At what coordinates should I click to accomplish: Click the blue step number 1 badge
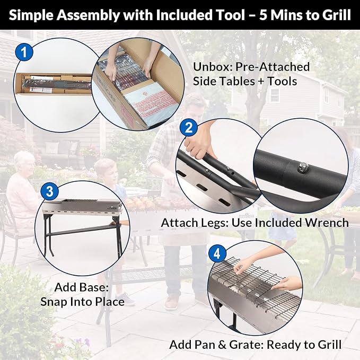click(24, 52)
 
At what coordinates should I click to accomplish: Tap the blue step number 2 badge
click(189, 127)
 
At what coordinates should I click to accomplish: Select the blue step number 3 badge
click(49, 191)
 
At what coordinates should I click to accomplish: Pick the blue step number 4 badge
click(217, 254)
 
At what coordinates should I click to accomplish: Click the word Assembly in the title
click(88, 16)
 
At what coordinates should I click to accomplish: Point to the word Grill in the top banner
click(336, 15)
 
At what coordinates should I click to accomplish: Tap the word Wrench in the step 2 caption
click(325, 223)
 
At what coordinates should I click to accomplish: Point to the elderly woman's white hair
click(23, 159)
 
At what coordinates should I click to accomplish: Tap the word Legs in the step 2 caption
click(216, 223)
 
